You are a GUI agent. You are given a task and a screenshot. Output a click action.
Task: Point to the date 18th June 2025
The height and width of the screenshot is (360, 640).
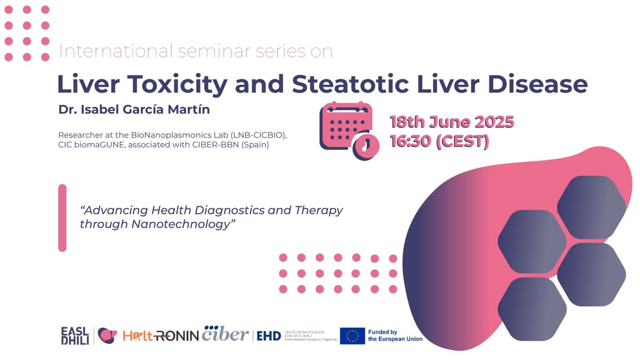coord(452,122)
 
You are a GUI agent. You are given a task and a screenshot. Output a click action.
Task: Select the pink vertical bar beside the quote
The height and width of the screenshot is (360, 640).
coord(62,218)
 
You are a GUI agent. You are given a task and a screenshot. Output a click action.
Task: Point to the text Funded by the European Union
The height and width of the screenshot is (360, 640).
coord(395,335)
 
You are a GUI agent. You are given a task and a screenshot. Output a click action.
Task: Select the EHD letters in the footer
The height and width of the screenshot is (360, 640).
coord(269,335)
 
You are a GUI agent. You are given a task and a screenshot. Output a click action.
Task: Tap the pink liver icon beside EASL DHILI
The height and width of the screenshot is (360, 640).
coord(107,335)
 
